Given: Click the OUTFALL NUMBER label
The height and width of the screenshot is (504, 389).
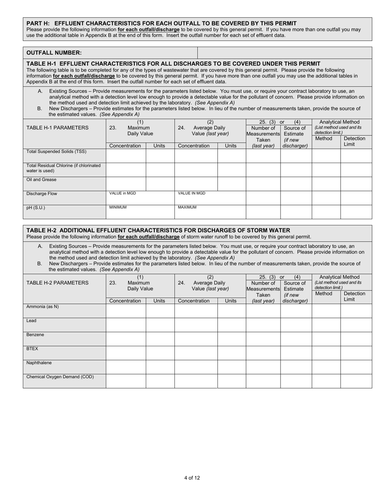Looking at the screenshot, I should [x=54, y=53].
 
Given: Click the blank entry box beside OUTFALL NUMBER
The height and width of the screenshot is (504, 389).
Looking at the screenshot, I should [x=284, y=53].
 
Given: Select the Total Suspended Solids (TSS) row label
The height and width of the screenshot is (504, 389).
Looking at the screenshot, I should [x=57, y=152].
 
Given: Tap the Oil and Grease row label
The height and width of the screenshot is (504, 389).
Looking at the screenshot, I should [x=41, y=180].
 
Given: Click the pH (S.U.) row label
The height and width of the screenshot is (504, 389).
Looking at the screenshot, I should [x=36, y=208].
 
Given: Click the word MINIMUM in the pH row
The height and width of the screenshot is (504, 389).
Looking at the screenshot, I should [x=118, y=207].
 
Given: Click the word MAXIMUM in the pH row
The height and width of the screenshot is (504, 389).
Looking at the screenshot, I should [x=187, y=207].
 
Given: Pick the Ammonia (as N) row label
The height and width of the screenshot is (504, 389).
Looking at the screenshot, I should [x=43, y=307].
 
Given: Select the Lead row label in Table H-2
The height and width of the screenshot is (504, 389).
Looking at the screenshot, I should [x=32, y=321].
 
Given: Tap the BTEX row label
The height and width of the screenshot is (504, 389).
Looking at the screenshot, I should [x=32, y=349].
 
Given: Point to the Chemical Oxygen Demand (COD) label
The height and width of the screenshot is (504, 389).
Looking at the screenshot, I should [x=60, y=377].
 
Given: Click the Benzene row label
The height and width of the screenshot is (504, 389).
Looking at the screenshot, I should [x=35, y=335].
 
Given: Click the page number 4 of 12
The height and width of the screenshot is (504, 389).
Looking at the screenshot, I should [x=192, y=478].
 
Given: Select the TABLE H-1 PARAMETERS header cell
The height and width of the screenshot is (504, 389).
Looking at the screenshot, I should [x=57, y=128].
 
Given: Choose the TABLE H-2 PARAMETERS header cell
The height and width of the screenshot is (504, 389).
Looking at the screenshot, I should [x=57, y=283].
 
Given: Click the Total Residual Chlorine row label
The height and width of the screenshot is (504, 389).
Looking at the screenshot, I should [x=63, y=168].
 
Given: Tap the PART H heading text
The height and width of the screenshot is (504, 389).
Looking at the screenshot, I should [x=161, y=23].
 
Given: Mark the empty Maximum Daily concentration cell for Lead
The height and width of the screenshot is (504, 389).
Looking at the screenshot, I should [x=126, y=325].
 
